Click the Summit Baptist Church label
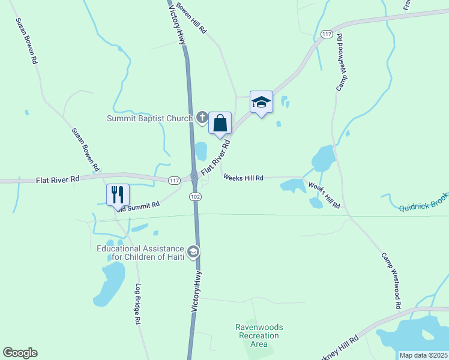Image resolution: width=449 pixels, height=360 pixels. click(x=149, y=118)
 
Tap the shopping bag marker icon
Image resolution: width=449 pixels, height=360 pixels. click(x=220, y=124)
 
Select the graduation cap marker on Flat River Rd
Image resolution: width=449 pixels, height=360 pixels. click(x=261, y=103)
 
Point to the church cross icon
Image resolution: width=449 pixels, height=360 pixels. click(x=202, y=118)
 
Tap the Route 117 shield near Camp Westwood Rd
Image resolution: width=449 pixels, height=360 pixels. click(x=327, y=35)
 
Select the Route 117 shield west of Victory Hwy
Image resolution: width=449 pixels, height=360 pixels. click(x=174, y=181)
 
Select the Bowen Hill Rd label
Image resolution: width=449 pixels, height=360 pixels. click(x=191, y=19)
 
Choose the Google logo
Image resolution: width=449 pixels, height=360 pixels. click(x=20, y=353)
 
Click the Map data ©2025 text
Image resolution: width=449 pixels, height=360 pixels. click(x=423, y=355)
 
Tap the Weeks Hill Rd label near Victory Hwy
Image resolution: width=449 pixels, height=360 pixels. click(x=243, y=178)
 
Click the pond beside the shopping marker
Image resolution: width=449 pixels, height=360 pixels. click(x=200, y=151)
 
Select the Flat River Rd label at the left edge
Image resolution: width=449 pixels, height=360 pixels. click(x=58, y=179)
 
